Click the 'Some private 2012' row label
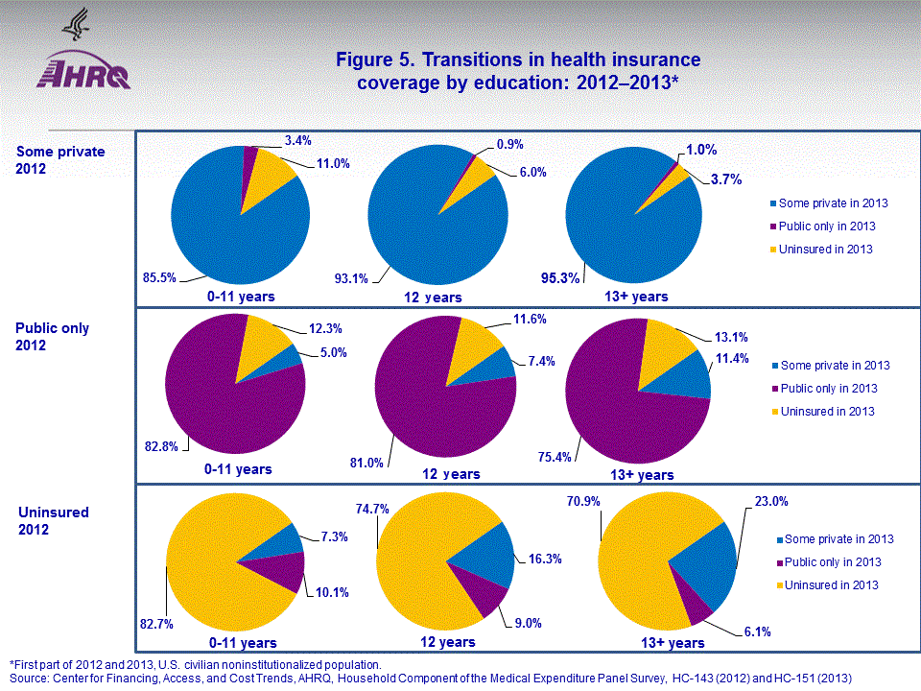60,159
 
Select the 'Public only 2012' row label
54,335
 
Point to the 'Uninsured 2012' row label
54,520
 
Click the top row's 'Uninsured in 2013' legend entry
833,250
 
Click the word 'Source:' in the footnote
30,679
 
